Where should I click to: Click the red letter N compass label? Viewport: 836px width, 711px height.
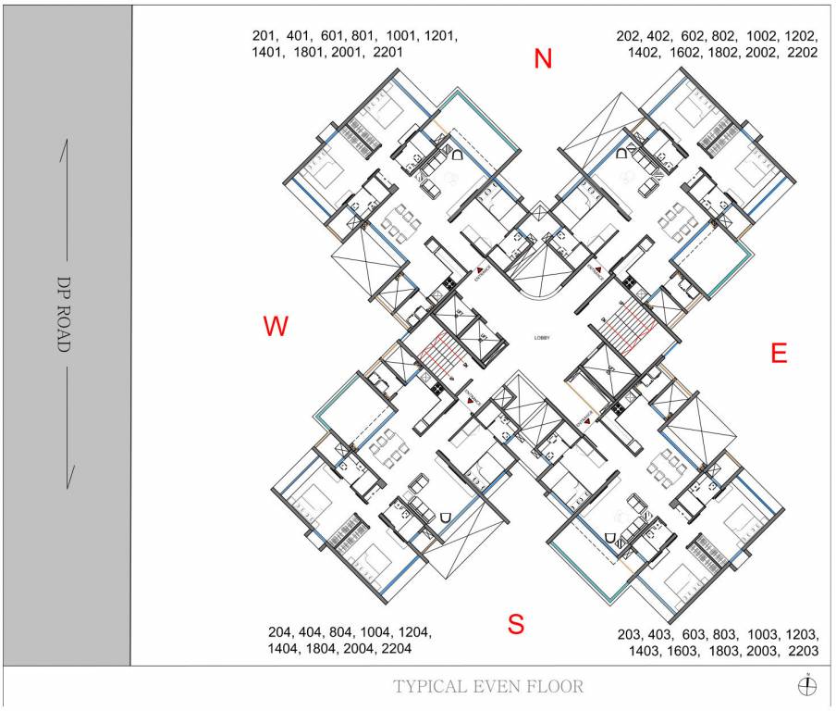coord(543,59)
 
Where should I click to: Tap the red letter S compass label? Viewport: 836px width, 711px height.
coord(516,624)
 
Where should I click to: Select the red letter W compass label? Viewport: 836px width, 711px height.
coord(276,326)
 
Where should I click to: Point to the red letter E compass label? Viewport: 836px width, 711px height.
coord(779,353)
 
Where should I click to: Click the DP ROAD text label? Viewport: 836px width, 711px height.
coord(64,314)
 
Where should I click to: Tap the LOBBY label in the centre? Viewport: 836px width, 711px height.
coord(542,338)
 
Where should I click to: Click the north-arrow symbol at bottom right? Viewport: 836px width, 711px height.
coord(807,685)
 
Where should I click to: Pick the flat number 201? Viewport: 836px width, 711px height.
coord(264,36)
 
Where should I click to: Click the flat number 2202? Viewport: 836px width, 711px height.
coord(802,53)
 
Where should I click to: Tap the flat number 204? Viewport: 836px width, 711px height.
coord(279,632)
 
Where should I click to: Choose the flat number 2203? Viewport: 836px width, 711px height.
coord(802,651)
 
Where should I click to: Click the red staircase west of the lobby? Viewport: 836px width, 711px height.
coord(437,355)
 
